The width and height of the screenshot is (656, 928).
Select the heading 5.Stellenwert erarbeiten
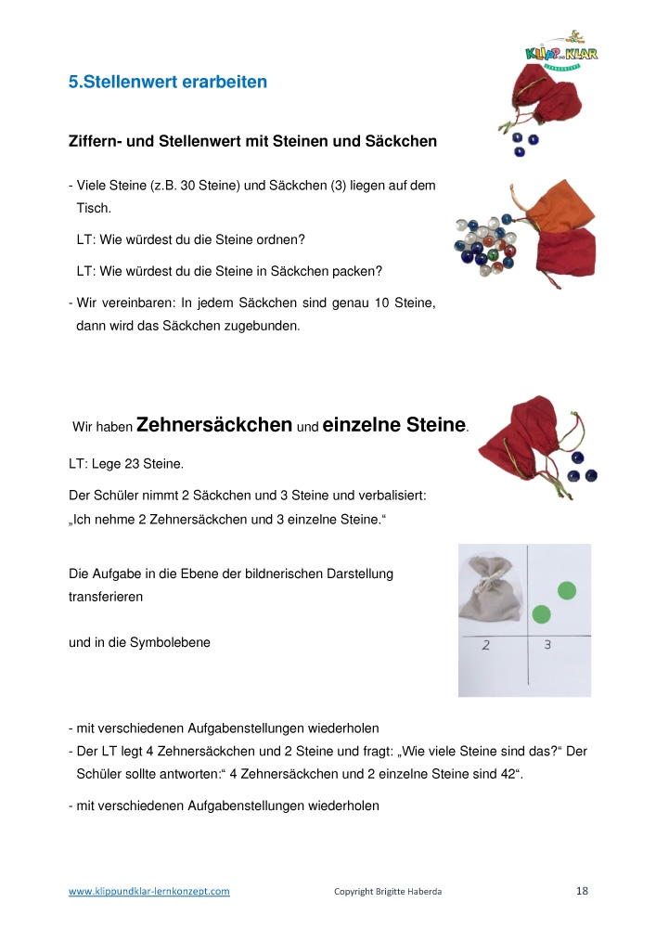pos(168,82)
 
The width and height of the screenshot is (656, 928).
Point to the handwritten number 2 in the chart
pos(486,645)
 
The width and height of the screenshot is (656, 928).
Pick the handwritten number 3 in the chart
pos(547,644)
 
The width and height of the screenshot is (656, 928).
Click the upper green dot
pos(566,590)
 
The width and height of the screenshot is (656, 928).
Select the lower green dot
pos(542,613)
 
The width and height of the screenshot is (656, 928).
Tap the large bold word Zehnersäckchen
pos(213,425)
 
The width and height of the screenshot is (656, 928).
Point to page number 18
pos(582,891)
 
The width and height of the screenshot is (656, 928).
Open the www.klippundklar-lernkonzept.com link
pos(149,892)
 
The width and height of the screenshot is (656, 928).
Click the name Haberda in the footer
pos(423,892)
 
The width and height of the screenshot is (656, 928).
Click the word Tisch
pos(94,209)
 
